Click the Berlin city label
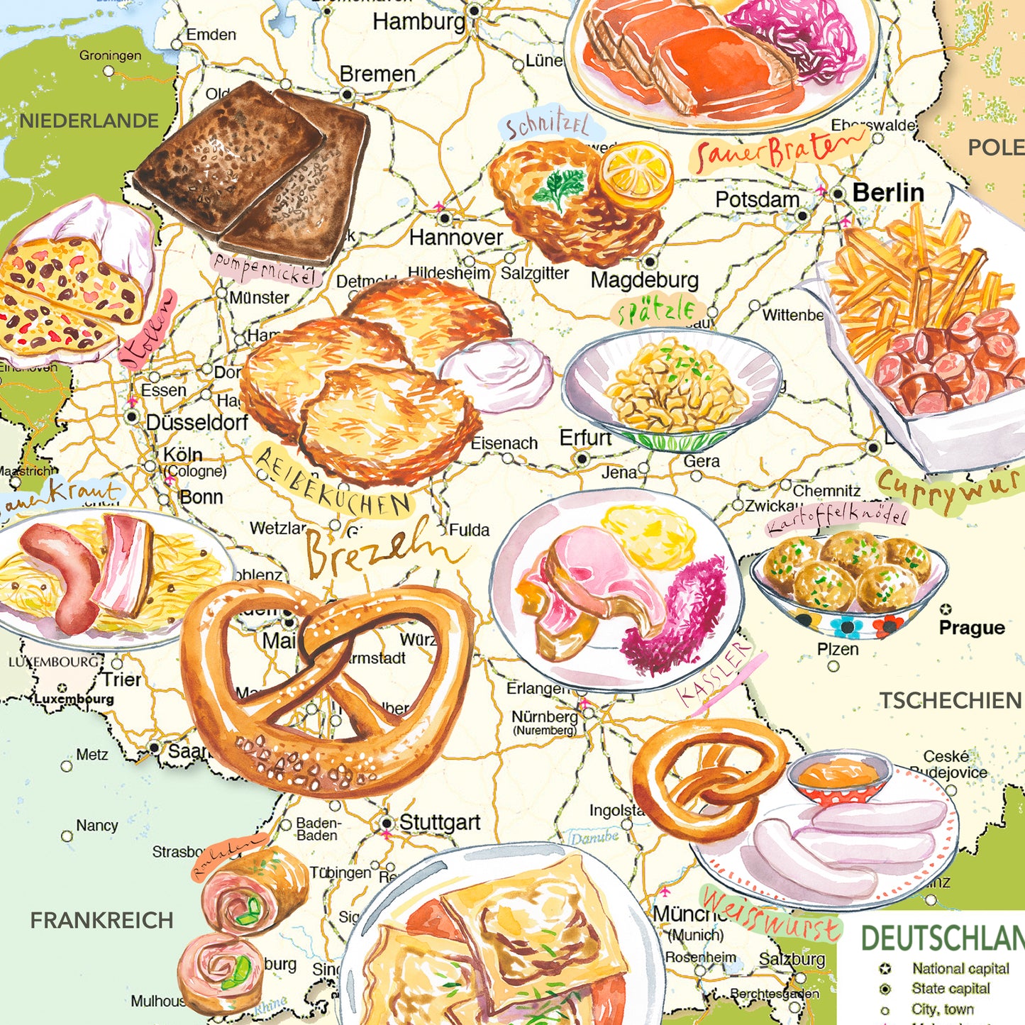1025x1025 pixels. (x=887, y=192)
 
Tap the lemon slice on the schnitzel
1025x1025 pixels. (x=636, y=174)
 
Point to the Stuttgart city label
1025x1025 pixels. (x=439, y=823)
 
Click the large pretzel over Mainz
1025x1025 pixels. (x=326, y=688)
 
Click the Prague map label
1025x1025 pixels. (x=971, y=628)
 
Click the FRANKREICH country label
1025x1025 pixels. (x=101, y=920)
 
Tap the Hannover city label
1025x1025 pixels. (x=455, y=237)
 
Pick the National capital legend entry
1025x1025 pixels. (x=960, y=968)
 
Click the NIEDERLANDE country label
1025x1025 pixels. (x=89, y=121)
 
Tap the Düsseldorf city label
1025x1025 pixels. (x=196, y=423)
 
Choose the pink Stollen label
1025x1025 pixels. (x=148, y=330)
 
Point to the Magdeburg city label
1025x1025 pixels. (x=644, y=280)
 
